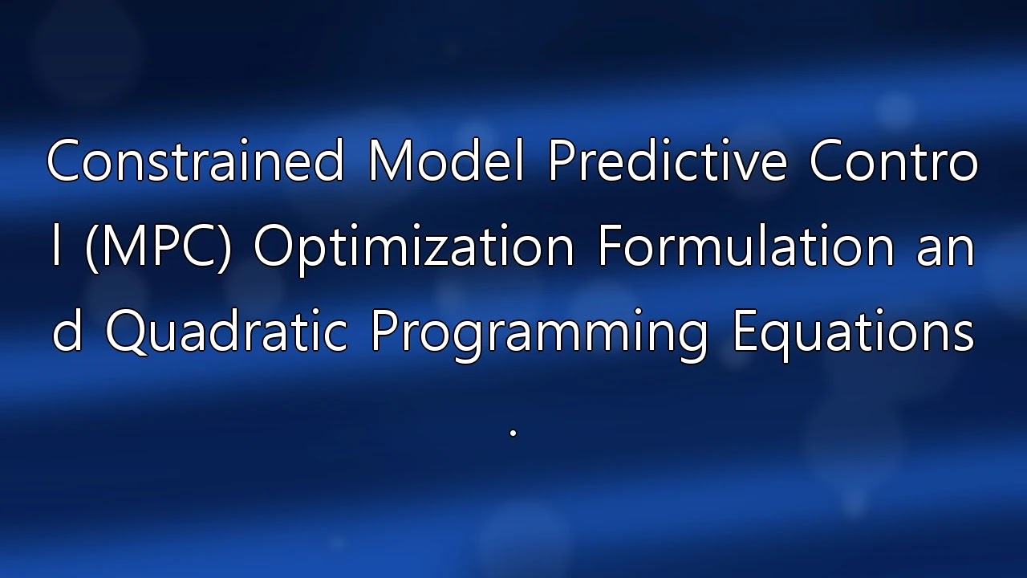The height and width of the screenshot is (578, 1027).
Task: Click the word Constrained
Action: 195,160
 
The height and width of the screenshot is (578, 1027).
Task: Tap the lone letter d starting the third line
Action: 67,330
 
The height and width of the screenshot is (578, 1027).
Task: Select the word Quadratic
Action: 226,332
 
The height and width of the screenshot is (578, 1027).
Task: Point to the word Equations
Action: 853,335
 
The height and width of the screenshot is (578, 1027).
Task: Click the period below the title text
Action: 513,432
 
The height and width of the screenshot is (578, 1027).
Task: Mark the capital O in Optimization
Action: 274,246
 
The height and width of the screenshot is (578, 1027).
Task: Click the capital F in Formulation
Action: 611,246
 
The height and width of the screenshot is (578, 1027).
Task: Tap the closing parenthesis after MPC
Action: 225,248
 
